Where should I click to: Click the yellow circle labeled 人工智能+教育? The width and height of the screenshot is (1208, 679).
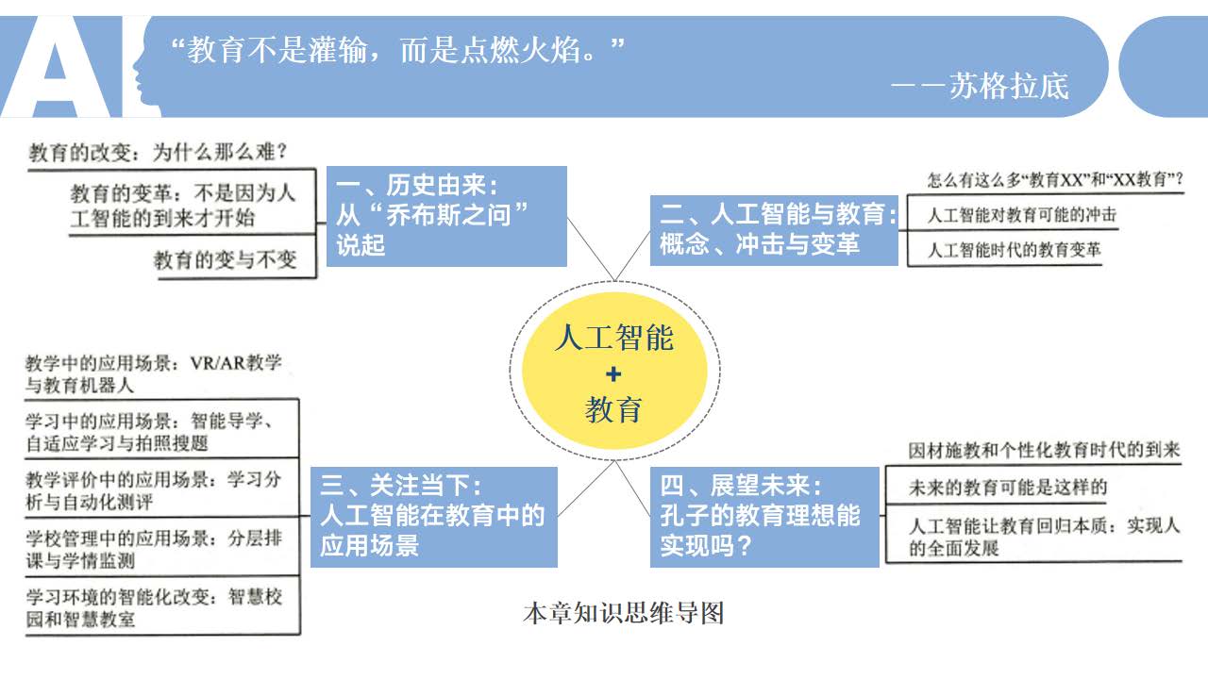[x=614, y=371]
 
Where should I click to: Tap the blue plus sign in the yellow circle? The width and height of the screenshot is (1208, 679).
[x=613, y=374]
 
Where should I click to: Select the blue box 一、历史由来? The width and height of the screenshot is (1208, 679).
[x=446, y=216]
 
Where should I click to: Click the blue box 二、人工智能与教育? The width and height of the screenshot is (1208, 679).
[x=774, y=230]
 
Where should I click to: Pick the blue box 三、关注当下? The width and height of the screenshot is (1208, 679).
[x=433, y=517]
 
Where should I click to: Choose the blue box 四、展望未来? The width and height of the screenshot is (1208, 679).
[x=764, y=517]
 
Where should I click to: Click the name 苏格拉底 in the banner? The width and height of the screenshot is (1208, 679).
[x=1009, y=86]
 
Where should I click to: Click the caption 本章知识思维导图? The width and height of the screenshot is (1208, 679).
[x=624, y=613]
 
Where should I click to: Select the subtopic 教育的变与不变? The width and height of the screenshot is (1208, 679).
[x=226, y=259]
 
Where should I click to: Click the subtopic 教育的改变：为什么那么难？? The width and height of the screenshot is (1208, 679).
[x=158, y=152]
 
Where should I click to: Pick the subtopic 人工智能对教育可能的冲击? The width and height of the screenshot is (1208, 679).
[x=1022, y=215]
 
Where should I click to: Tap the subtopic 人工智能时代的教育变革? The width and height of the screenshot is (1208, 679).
[x=1014, y=250]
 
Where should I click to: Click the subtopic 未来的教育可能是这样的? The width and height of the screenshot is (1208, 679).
[x=1007, y=488]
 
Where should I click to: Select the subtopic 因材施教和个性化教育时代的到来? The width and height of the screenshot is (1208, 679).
[x=1044, y=450]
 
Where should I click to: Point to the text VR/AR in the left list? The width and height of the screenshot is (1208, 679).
[x=217, y=363]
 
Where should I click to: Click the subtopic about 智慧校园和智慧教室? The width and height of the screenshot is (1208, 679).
[x=154, y=608]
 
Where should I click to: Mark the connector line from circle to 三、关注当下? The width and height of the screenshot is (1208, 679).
[x=586, y=489]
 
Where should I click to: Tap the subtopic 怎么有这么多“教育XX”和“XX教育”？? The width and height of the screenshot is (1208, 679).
[x=1055, y=179]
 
